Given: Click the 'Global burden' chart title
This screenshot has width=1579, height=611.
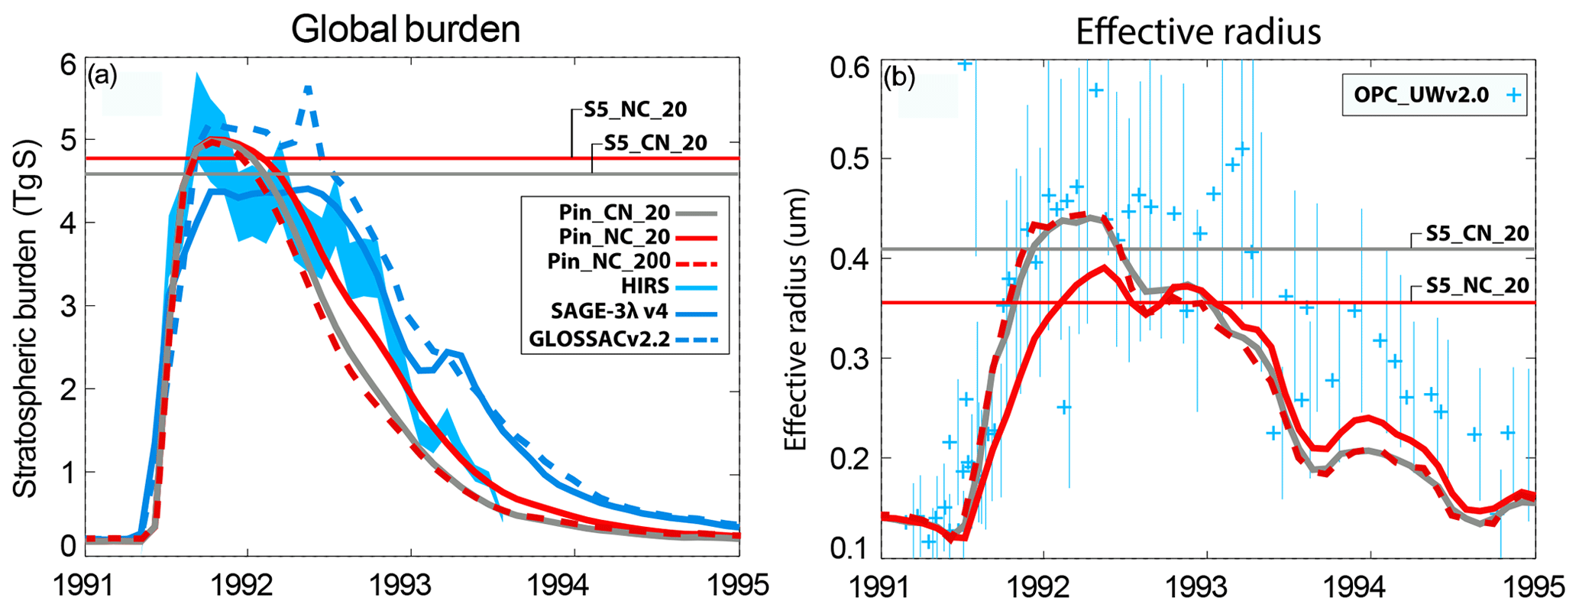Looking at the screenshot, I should [406, 30].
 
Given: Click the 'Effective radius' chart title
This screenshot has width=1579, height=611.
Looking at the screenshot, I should [1198, 31].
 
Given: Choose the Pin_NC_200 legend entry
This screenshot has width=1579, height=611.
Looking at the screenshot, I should [609, 262].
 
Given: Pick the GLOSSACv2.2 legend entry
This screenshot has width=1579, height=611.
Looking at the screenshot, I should [599, 339].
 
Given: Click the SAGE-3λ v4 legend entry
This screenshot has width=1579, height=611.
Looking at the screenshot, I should [610, 312].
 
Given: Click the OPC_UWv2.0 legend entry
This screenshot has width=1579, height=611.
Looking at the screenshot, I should [1425, 95].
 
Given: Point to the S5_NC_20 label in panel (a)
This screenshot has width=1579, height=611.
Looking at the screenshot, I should [636, 109].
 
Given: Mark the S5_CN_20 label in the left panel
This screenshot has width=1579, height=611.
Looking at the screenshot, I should [655, 143].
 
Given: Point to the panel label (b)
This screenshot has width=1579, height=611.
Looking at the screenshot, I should [899, 77].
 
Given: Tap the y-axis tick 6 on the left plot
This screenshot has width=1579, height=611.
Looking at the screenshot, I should [68, 66].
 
